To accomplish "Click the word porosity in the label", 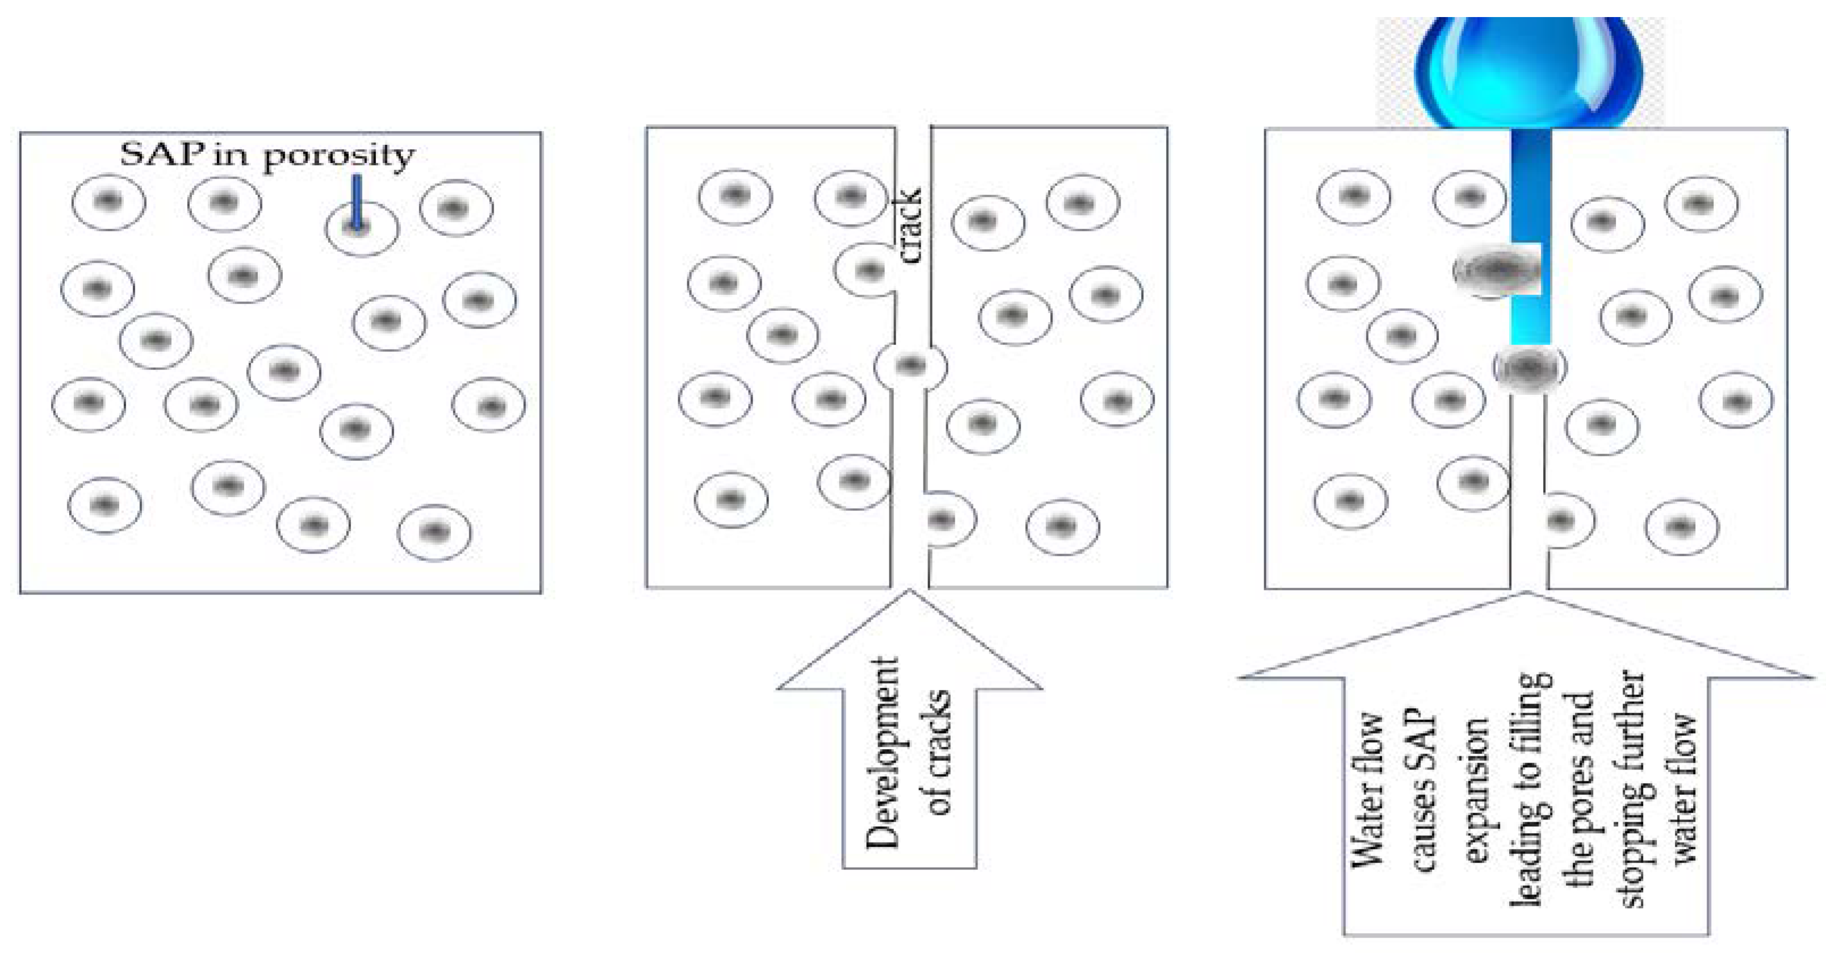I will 339,156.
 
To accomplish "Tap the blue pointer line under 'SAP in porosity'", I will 357,202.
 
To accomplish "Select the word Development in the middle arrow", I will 883,753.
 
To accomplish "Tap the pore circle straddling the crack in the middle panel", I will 910,366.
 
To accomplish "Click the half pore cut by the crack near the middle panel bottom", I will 947,521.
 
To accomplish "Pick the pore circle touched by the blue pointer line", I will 362,228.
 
